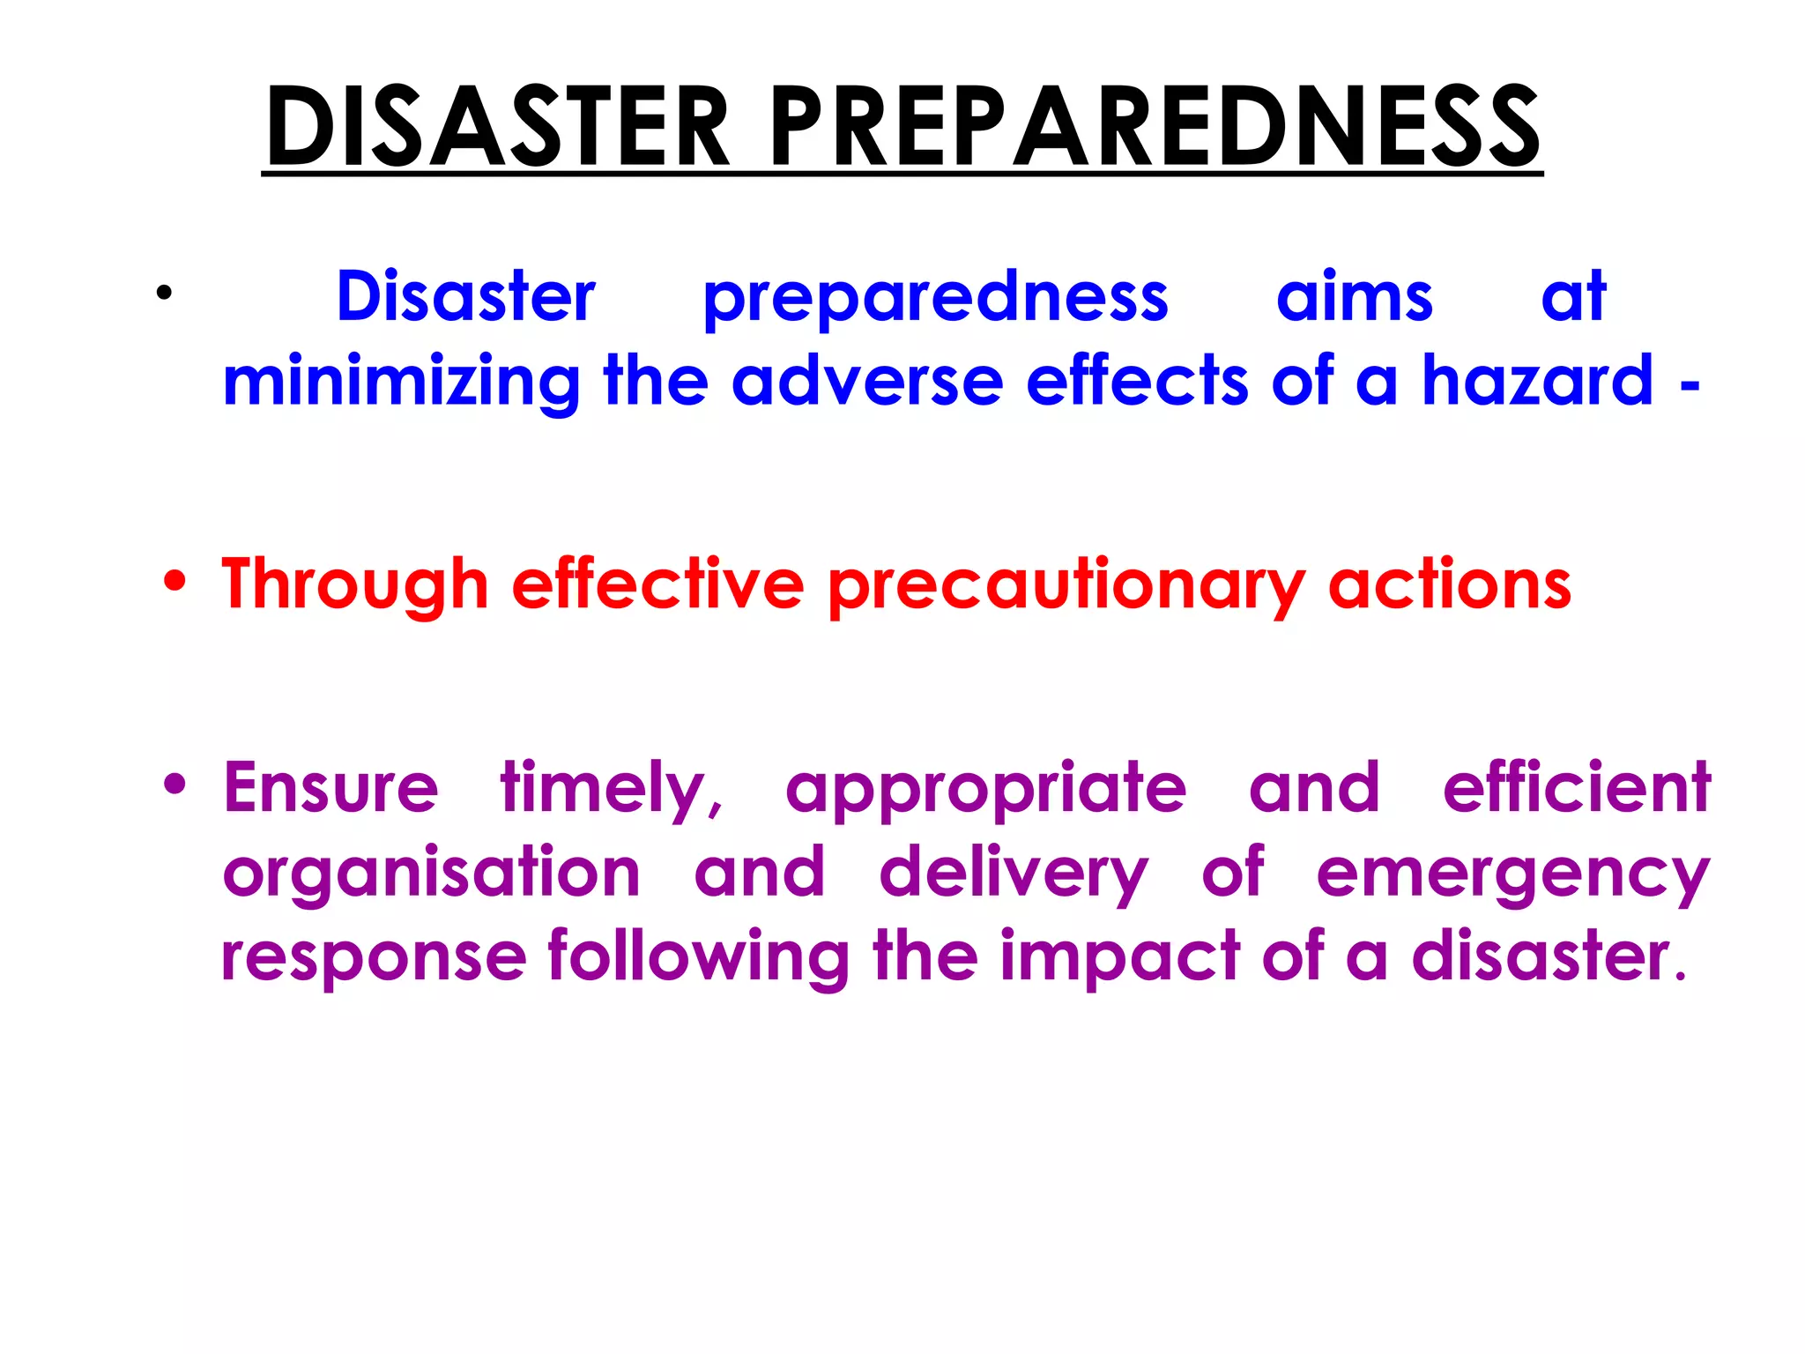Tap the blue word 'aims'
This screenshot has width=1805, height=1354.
click(1355, 298)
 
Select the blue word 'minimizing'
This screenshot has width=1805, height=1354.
click(401, 383)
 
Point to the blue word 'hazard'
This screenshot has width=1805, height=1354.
click(1538, 381)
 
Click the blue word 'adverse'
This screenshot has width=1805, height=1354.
click(867, 381)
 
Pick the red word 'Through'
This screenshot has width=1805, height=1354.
click(355, 585)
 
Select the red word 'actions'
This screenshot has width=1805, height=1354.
click(1450, 585)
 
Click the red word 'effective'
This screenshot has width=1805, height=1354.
click(657, 584)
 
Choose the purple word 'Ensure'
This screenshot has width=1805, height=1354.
click(331, 787)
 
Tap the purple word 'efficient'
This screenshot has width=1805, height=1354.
click(1577, 787)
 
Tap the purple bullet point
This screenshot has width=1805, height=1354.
click(175, 784)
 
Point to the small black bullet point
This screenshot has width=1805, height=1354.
click(163, 294)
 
